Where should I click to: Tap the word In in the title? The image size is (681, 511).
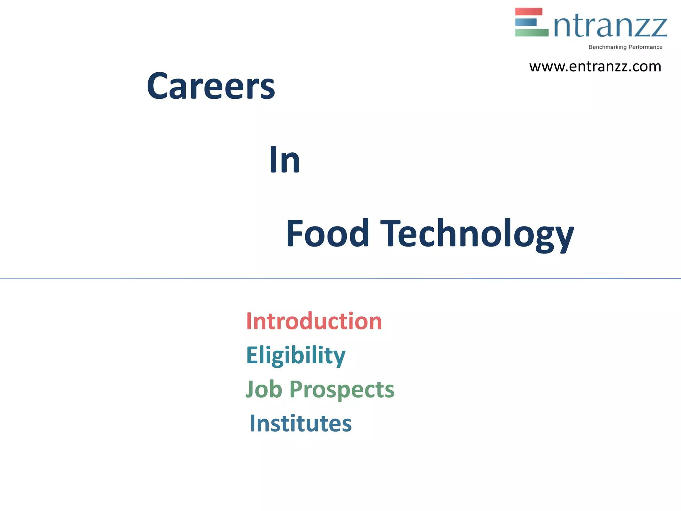click(x=285, y=160)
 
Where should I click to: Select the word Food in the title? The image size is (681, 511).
click(x=328, y=234)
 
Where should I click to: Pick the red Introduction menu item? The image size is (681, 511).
click(x=314, y=321)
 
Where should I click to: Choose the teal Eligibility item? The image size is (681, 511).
click(x=296, y=355)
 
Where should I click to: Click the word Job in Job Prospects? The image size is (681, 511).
click(x=264, y=389)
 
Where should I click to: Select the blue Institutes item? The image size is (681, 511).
click(x=301, y=424)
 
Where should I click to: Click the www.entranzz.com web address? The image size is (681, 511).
click(x=595, y=67)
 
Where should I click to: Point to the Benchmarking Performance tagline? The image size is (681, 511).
click(x=625, y=47)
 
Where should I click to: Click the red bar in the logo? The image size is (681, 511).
click(x=528, y=12)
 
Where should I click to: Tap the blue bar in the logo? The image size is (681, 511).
click(x=526, y=22)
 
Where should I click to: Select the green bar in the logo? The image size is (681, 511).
click(x=531, y=33)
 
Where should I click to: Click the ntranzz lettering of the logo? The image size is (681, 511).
click(x=610, y=27)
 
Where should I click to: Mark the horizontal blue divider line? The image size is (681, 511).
click(x=340, y=278)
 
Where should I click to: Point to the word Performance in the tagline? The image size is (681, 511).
click(x=645, y=47)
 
